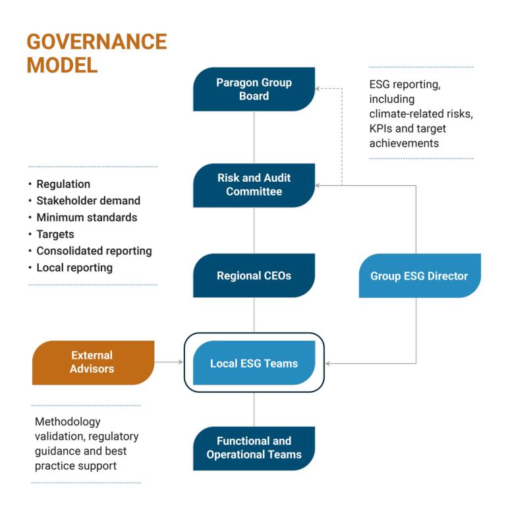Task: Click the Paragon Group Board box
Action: tap(254, 89)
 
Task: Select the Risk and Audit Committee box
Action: tap(254, 185)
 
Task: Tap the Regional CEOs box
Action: tap(254, 275)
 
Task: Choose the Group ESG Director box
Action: tap(419, 275)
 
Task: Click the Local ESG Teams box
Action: tap(254, 363)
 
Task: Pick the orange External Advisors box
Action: tap(92, 362)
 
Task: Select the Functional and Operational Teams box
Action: tap(254, 448)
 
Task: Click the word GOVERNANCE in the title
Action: tap(96, 42)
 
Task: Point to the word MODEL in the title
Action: tap(62, 65)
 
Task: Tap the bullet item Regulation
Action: tap(63, 184)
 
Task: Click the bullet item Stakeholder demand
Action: tap(88, 200)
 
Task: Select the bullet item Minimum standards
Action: tap(87, 217)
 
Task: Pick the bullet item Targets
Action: tap(55, 234)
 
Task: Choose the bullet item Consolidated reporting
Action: tap(94, 251)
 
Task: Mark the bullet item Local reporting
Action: tap(74, 267)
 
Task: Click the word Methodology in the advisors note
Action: tap(69, 422)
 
